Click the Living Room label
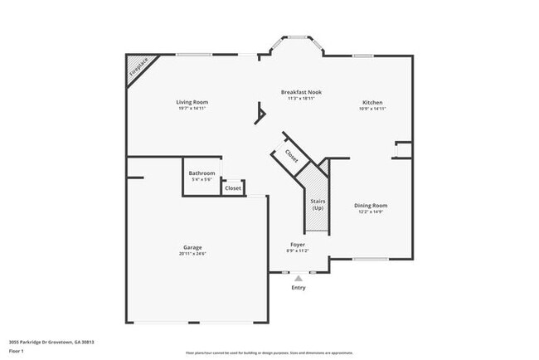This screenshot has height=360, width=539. pyautogui.click(x=192, y=102)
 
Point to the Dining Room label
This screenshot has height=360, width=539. pyautogui.click(x=371, y=205)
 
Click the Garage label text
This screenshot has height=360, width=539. pyautogui.click(x=192, y=247)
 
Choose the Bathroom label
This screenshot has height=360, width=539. pyautogui.click(x=202, y=173)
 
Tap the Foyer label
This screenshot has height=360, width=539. pyautogui.click(x=298, y=244)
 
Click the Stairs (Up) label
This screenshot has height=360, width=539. pyautogui.click(x=318, y=204)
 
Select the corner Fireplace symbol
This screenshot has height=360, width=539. pyautogui.click(x=137, y=70)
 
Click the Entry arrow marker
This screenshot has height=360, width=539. pyautogui.click(x=298, y=279)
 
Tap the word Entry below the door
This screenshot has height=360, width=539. pyautogui.click(x=298, y=288)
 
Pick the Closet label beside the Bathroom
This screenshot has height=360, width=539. pyautogui.click(x=233, y=188)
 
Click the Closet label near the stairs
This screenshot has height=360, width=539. pyautogui.click(x=292, y=154)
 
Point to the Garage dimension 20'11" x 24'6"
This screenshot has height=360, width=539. pyautogui.click(x=192, y=254)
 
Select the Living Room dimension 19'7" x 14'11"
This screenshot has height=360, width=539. pyautogui.click(x=192, y=109)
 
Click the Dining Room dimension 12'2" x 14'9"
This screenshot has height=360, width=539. pyautogui.click(x=371, y=212)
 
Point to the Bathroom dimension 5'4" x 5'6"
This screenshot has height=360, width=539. pyautogui.click(x=202, y=179)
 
